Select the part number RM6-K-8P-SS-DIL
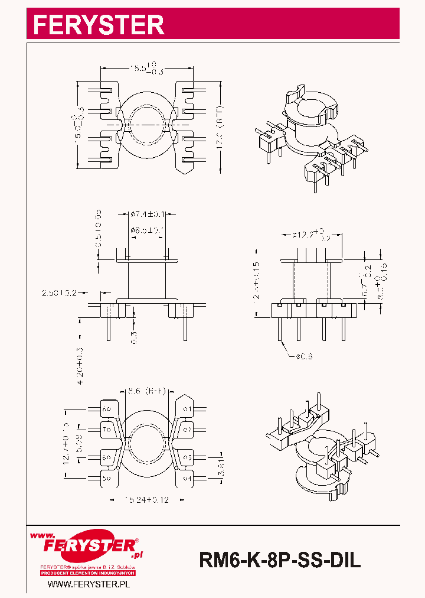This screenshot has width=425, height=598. [x=280, y=559]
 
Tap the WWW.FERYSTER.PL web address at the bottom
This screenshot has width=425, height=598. [x=88, y=584]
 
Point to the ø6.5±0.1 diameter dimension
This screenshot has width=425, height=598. [x=147, y=230]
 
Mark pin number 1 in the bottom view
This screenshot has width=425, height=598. [x=187, y=409]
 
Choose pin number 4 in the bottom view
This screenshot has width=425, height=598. [x=187, y=477]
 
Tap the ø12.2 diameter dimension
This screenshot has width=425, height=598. [x=310, y=235]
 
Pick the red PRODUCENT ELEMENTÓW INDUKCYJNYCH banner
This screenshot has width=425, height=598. [x=88, y=573]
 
